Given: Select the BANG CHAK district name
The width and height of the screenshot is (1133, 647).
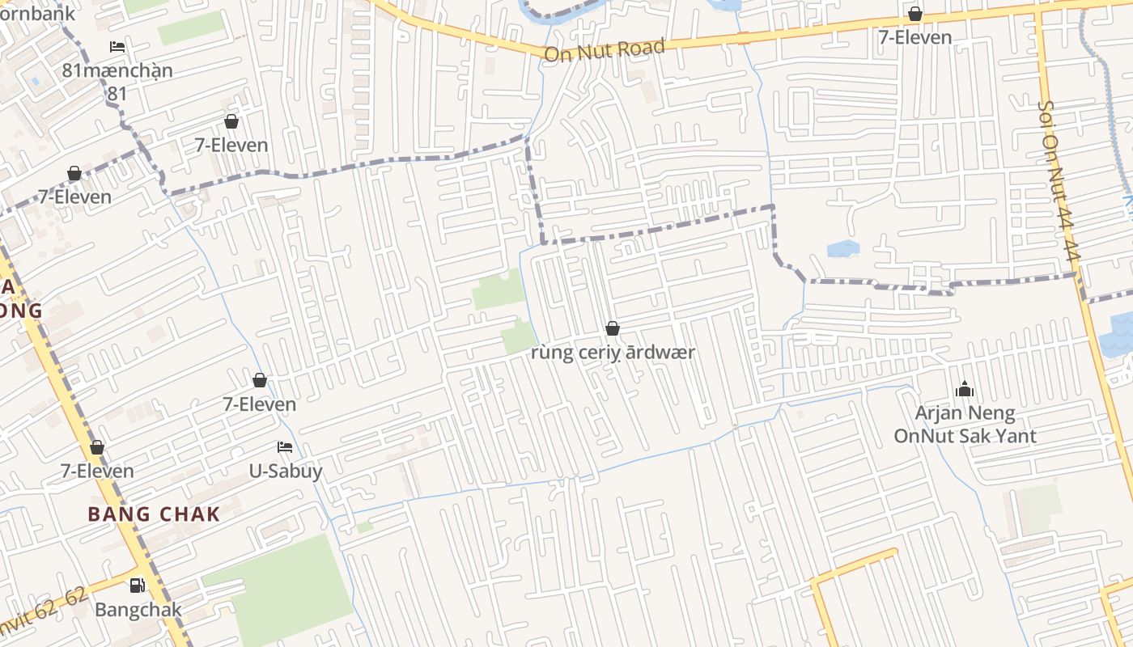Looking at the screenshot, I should point(154,514).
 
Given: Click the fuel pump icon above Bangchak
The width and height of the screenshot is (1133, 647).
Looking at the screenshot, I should point(138,586).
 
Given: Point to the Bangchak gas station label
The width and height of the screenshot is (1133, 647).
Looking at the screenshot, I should point(138,610).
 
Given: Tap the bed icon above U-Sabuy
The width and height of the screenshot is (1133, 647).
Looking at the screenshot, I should point(285,447).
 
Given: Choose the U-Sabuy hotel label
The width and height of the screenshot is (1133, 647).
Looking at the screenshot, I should point(285,471).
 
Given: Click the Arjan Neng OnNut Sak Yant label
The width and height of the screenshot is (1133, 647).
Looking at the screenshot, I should point(965,425).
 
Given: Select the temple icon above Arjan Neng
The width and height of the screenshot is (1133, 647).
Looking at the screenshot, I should point(964,390).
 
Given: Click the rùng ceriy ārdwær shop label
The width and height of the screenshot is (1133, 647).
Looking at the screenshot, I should point(613,353).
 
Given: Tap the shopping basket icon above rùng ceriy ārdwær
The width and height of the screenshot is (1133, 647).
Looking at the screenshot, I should point(613,328).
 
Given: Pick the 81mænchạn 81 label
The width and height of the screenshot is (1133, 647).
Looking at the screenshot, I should point(117,81).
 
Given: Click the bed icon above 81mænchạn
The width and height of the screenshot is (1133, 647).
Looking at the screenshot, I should point(117,47).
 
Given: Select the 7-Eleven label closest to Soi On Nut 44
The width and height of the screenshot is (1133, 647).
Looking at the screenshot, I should point(915,37).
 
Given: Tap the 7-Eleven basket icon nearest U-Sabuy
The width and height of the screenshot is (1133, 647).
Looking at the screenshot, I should point(260,380).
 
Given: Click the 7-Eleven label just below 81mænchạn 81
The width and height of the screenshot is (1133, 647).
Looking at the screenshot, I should point(231,146).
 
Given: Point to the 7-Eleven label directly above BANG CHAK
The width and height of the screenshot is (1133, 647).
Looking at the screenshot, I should point(97,471).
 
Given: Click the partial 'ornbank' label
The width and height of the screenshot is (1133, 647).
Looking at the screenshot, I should point(37,13).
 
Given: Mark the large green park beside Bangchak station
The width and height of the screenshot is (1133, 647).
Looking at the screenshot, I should point(283,590).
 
